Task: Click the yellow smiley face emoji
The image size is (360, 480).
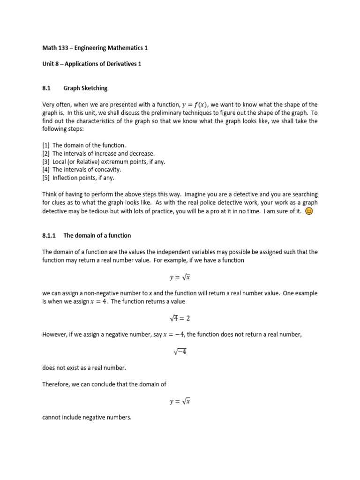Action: click(308, 211)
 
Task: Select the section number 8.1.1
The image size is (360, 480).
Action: click(49, 235)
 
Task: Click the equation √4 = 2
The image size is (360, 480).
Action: click(180, 318)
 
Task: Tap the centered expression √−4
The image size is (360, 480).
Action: click(180, 351)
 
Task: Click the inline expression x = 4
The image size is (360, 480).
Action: click(99, 301)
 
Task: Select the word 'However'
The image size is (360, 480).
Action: click(54, 335)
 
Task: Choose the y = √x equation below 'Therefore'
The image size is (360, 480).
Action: click(180, 401)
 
